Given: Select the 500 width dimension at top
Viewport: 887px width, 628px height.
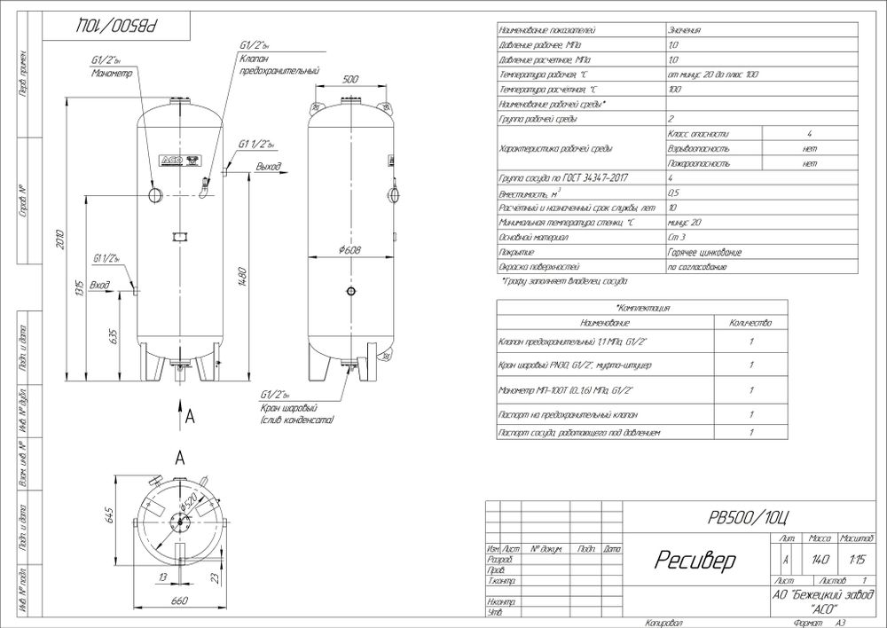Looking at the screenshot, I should [349, 79].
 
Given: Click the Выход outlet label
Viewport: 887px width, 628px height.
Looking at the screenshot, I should [267, 166].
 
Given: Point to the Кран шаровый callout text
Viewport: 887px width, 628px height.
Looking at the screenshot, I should [283, 408].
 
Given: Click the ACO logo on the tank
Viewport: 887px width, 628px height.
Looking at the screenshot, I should [172, 160].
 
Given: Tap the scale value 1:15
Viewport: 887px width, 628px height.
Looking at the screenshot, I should [857, 560].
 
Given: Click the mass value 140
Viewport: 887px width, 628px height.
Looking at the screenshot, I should [819, 560].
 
